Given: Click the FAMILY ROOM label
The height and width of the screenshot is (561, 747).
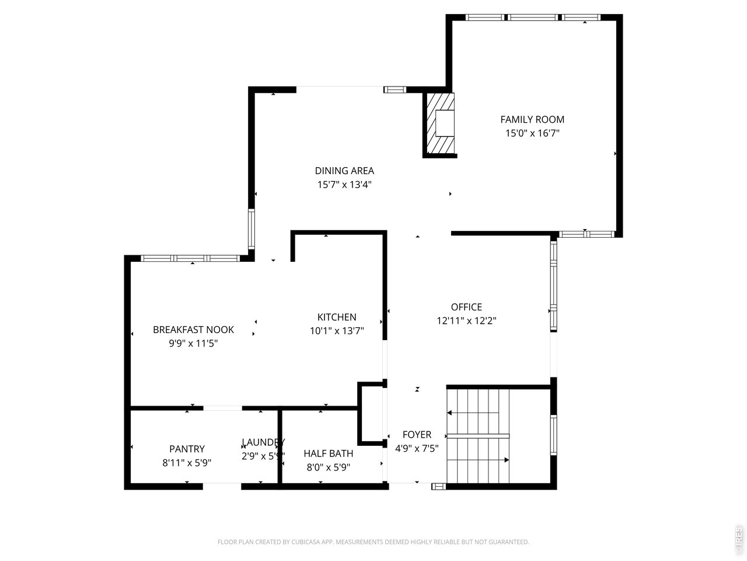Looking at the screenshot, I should coord(532,120).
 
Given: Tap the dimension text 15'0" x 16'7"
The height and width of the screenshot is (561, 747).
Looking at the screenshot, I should coord(532,133).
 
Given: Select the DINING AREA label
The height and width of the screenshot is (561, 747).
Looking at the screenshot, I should coord(344,171).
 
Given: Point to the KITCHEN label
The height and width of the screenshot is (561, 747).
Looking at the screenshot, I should coord(337,317).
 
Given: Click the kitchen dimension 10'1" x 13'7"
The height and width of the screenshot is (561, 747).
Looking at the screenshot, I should coord(337,331).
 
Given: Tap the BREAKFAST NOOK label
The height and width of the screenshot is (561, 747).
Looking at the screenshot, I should coord(193,330).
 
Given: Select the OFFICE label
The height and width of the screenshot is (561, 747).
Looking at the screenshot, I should coord(466,307).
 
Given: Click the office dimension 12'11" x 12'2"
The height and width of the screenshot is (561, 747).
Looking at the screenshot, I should coord(466,321).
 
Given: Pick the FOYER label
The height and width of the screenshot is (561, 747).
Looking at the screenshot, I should coord(417,435).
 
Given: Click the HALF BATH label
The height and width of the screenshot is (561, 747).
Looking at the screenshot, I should coord(328,453).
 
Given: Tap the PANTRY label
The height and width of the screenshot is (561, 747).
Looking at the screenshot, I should coord(187,449).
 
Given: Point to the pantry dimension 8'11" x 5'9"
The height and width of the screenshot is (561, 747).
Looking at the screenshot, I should coord(187,463).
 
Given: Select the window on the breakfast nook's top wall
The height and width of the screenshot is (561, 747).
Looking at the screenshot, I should coord(190,258).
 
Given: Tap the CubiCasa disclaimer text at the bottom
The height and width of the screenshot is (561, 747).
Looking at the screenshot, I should coord(373,542).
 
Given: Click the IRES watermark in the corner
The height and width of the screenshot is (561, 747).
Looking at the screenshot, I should coord(739,540).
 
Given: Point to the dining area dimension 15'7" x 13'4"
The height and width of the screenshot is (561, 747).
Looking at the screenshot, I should coord(344,185).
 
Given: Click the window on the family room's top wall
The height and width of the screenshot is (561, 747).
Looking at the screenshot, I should coord(532,18).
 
